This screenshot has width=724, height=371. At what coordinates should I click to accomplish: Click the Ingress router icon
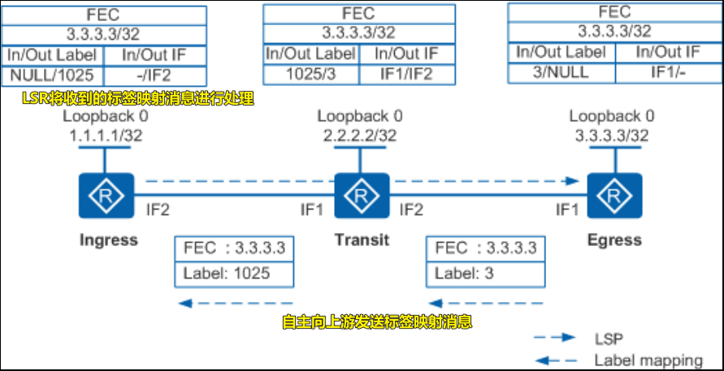[106, 196]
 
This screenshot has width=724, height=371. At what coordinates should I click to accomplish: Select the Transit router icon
[357, 196]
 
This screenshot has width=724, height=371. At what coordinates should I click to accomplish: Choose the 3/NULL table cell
[562, 71]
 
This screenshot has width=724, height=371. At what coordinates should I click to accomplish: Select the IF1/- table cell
[668, 71]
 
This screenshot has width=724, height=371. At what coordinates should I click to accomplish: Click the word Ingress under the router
[108, 239]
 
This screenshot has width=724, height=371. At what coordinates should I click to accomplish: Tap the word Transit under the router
[362, 239]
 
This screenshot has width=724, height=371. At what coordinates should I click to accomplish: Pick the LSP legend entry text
[609, 337]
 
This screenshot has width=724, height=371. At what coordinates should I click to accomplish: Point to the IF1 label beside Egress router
[566, 211]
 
